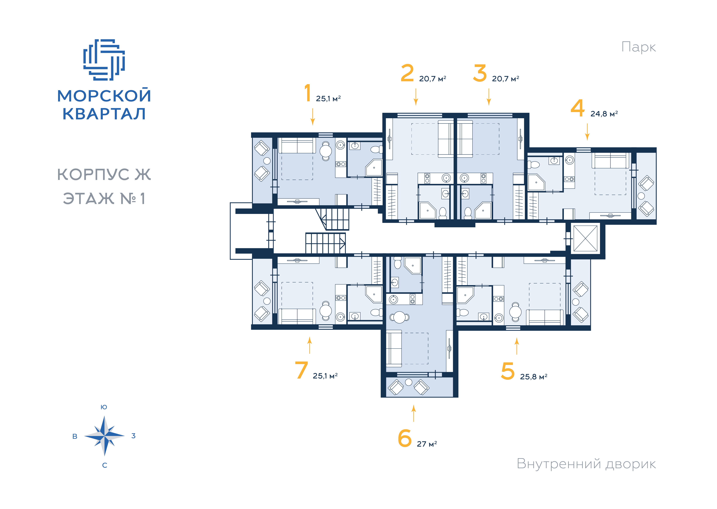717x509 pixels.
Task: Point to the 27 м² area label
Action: (427, 444)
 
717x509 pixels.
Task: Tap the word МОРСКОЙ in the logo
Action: (104, 96)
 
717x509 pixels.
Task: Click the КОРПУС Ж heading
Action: (104, 175)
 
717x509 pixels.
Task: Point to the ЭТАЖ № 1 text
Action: (104, 198)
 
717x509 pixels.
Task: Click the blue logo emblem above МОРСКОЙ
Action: (104, 60)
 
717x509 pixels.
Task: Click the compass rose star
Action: (104, 436)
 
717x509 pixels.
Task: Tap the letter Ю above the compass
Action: (104, 407)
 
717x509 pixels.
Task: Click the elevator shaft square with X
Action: (585, 238)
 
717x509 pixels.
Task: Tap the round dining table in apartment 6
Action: (400, 317)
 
